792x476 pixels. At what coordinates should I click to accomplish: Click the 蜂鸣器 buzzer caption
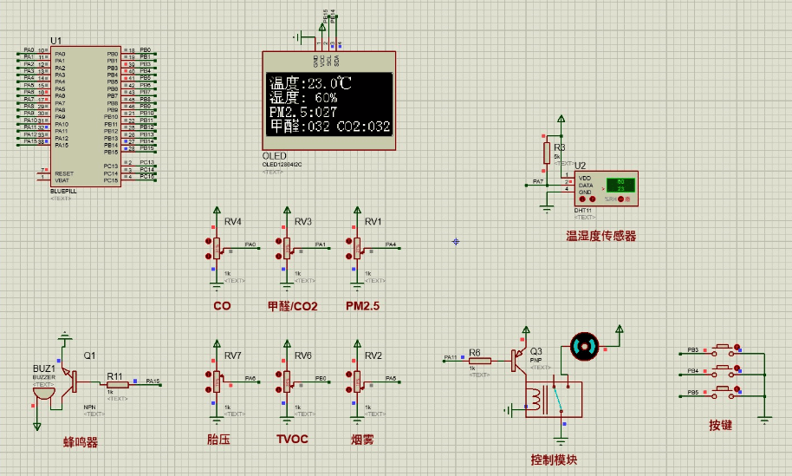[81, 442]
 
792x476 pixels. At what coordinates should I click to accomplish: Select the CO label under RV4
[222, 306]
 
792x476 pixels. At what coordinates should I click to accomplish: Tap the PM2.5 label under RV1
[362, 306]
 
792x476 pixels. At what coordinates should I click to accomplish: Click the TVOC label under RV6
[292, 439]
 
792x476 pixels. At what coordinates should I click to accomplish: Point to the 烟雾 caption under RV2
[362, 440]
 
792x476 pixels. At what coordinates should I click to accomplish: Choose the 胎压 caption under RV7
[219, 440]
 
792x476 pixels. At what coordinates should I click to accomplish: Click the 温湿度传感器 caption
[600, 235]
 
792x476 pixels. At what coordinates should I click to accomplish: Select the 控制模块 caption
[554, 460]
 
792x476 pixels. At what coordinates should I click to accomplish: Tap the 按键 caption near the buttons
[721, 426]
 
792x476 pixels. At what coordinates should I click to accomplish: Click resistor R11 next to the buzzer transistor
[117, 384]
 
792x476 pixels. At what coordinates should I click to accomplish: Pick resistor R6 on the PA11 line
[480, 360]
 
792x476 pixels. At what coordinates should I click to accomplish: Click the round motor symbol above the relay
[585, 348]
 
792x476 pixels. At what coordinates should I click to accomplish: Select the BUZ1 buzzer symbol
[40, 390]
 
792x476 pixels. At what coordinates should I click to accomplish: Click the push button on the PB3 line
[721, 351]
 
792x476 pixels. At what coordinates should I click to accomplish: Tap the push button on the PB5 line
[721, 394]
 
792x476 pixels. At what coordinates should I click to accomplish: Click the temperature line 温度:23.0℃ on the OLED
[310, 84]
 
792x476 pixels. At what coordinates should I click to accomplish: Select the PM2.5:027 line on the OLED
[303, 113]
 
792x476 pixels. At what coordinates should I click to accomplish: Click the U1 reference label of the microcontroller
[56, 41]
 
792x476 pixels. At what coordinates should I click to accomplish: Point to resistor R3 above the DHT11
[547, 153]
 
